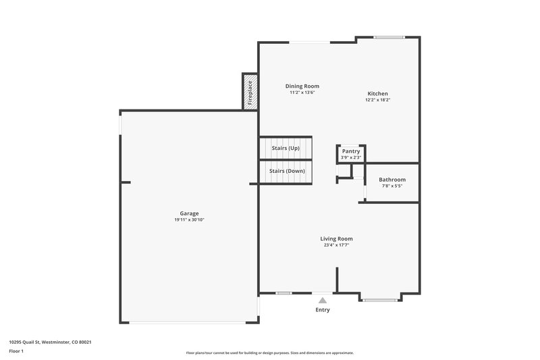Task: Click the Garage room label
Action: [189, 213]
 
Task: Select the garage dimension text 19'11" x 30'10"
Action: [189, 220]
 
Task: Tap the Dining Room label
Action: [302, 86]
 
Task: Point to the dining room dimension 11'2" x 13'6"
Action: [302, 93]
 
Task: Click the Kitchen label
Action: [377, 93]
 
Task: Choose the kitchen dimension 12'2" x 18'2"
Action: [377, 100]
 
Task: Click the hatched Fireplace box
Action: [249, 93]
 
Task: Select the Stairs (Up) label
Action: [286, 148]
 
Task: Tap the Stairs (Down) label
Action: [287, 172]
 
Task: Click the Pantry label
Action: [351, 151]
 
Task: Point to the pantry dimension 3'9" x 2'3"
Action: [351, 157]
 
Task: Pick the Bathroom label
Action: [391, 180]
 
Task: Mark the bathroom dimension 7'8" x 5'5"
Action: [391, 186]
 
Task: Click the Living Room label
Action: [336, 238]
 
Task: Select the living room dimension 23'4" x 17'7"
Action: [336, 245]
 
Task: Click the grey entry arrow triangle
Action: [323, 301]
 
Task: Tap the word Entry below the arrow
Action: [323, 310]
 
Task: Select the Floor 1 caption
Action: [16, 351]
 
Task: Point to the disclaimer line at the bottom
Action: [269, 353]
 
